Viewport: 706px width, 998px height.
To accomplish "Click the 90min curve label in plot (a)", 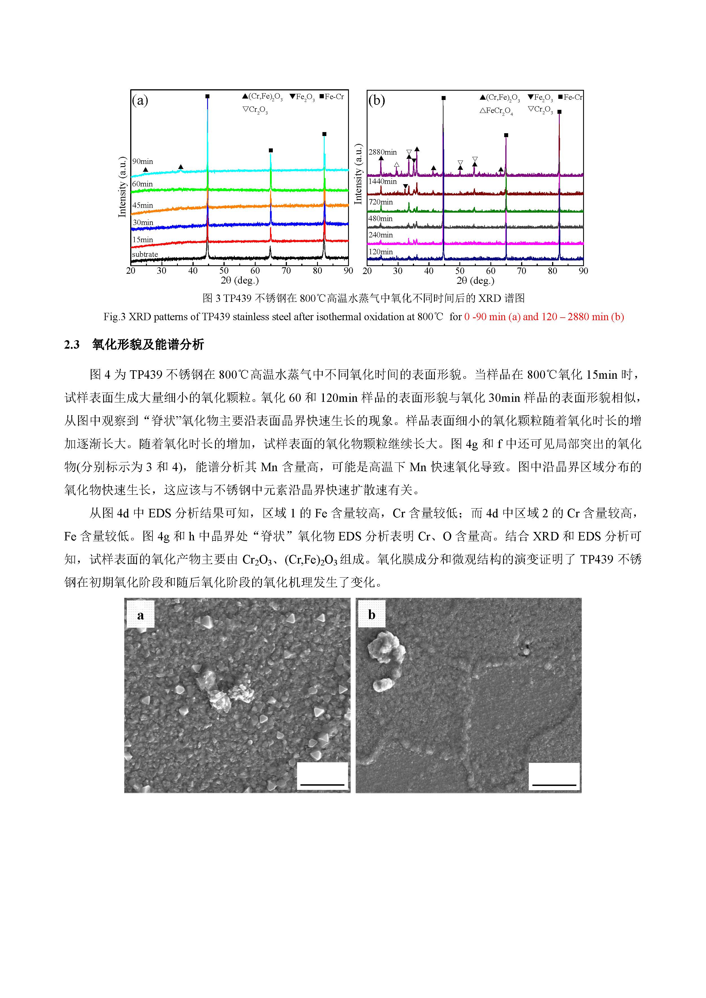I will click(x=143, y=162).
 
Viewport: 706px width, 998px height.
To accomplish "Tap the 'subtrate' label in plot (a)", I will click(x=145, y=254).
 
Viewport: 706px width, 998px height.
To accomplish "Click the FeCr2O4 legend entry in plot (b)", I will click(x=496, y=111).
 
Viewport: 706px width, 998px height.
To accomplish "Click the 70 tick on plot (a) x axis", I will click(x=286, y=271).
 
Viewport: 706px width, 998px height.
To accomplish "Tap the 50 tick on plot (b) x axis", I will click(x=460, y=271).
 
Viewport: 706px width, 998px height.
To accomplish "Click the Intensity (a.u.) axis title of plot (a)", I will click(x=122, y=187).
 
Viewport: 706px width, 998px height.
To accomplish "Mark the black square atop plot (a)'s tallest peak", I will click(x=207, y=96).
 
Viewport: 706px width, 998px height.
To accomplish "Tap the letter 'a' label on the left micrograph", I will click(x=140, y=616).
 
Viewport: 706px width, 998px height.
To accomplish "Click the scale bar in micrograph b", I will click(x=554, y=785).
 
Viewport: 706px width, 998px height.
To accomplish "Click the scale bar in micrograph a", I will click(x=322, y=784).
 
